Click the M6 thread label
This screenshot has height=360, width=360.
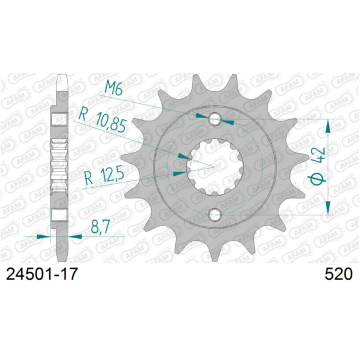[x=113, y=89]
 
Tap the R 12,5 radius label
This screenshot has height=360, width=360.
[x=100, y=176]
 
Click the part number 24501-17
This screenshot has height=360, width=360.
[x=41, y=274]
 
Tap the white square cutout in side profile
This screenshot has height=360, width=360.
[x=61, y=215]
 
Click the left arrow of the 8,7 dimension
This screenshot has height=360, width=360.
[x=44, y=236]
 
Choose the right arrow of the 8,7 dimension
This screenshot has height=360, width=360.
[x=75, y=236]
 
